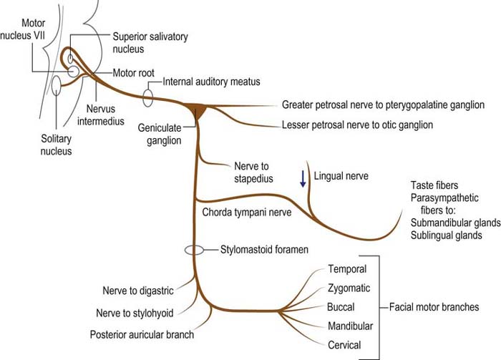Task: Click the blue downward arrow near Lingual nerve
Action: coord(303,177)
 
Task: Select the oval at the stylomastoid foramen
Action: coord(194,250)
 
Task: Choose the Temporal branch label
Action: coord(347,269)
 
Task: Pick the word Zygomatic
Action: coord(349,288)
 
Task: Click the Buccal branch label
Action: coord(341,307)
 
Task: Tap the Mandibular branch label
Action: coord(350,326)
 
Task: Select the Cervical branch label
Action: coord(344,345)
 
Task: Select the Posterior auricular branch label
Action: coord(141,334)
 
